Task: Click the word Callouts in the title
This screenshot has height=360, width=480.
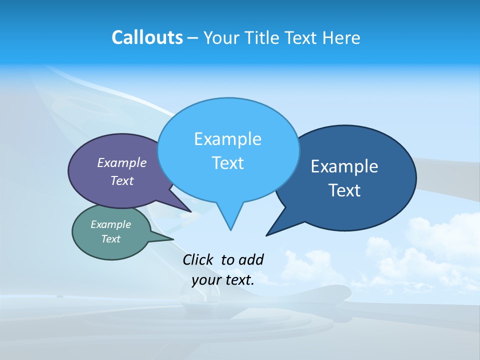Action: coord(147,37)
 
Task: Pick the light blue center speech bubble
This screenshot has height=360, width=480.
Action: coord(228,150)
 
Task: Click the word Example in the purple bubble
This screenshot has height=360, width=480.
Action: coord(122,162)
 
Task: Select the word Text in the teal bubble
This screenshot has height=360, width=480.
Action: coord(111,239)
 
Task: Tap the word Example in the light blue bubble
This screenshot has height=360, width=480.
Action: coord(228,138)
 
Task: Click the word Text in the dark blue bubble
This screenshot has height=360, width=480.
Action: coord(344,190)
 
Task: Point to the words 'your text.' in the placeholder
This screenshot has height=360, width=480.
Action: coord(223,280)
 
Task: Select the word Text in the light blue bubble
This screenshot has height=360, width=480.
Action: coord(228,163)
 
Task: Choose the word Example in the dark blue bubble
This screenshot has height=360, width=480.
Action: coord(344,166)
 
